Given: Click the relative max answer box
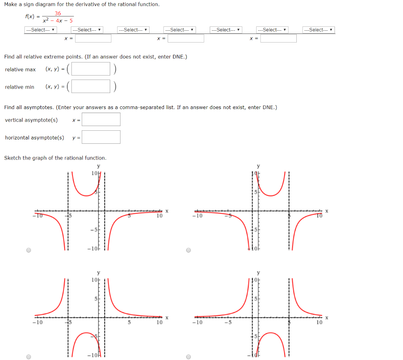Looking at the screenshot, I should pos(91,69).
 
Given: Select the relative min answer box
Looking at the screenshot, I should pos(91,86).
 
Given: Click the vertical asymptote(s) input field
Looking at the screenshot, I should pos(101,119).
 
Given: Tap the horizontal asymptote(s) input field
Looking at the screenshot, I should pos(101,137).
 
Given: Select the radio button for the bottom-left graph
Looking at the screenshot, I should pos(29,357).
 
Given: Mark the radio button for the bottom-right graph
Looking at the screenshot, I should pos(189,357).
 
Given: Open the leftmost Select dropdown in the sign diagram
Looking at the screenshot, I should pos(41,30).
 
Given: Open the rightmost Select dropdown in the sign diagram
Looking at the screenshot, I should pos(319,30).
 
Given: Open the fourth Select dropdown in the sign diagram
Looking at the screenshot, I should pos(179,30).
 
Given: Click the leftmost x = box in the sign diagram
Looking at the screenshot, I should pos(93,39).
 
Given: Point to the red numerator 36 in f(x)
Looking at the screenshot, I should pos(58,13).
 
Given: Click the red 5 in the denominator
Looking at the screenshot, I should pos(71,21).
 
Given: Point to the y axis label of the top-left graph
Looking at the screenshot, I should pos(98,166).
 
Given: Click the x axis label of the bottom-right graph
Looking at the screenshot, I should pos(327,318).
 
